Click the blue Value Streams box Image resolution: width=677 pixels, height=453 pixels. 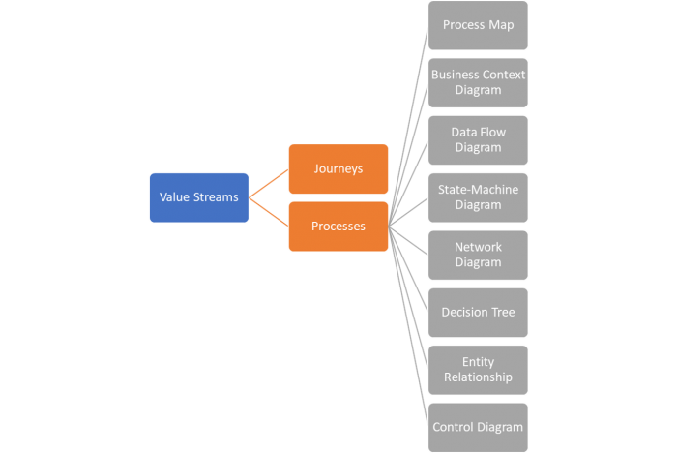199,197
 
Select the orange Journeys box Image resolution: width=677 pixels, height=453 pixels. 338,168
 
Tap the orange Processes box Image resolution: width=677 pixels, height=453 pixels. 338,226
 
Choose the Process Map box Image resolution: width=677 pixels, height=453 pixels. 478,25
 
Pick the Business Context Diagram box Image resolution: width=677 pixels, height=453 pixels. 478,82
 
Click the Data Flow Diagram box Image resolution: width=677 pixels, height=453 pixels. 478,140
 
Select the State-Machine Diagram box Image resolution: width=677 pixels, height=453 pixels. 478,197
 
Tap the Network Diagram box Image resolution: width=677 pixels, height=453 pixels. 478,255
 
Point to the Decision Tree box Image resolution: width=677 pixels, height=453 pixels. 478,313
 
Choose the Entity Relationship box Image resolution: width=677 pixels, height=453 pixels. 478,370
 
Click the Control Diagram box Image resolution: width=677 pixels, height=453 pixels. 478,427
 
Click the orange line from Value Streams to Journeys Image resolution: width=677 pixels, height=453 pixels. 269,183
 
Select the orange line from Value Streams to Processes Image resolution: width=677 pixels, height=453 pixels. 269,212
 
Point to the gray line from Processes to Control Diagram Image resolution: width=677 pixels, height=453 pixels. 407,323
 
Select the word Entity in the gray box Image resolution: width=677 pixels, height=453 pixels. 478,362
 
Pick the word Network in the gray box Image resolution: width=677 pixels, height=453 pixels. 478,247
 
